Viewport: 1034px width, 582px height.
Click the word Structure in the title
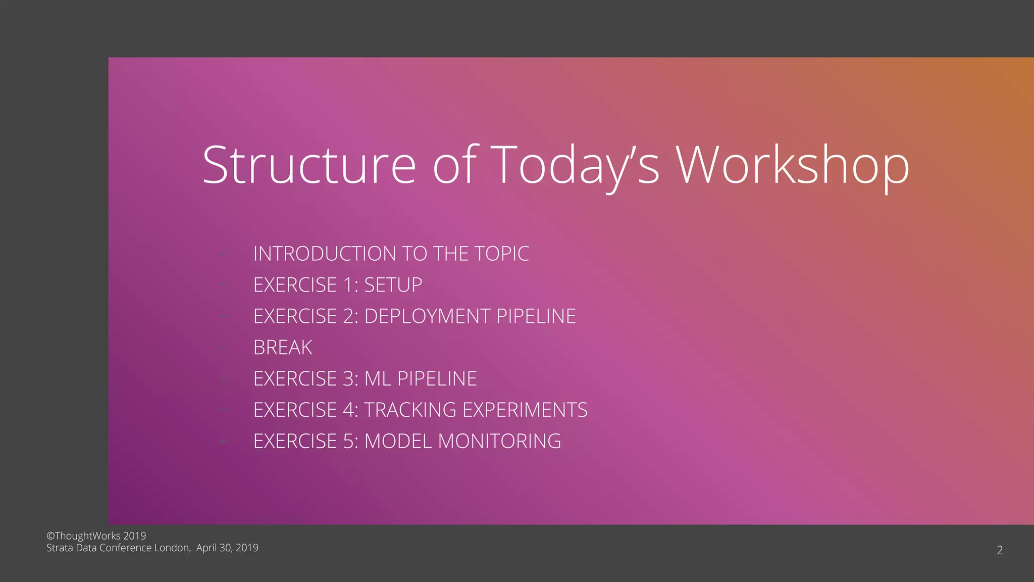(309, 165)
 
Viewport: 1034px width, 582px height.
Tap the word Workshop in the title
(793, 165)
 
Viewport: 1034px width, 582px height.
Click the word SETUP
(393, 285)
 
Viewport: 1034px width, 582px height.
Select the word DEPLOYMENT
(427, 316)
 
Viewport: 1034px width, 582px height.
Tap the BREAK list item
(283, 348)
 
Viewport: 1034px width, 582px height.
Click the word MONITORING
(499, 441)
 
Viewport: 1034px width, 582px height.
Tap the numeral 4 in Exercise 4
(348, 410)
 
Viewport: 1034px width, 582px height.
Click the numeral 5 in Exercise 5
(348, 441)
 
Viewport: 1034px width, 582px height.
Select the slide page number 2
(1000, 550)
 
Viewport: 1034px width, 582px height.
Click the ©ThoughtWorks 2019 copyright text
(96, 536)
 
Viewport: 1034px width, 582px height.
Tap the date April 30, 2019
(227, 548)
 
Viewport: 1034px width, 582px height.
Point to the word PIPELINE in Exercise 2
(536, 316)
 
